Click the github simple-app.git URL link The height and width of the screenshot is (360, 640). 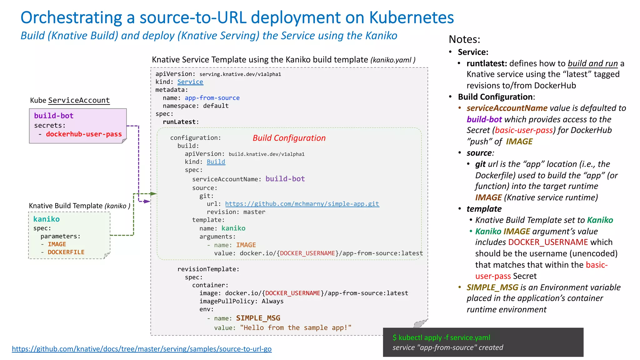(302, 204)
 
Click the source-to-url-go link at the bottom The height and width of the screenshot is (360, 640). (142, 349)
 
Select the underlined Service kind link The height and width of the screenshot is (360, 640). (190, 82)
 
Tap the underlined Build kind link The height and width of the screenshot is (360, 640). (216, 162)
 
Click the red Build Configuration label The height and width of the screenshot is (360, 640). (289, 138)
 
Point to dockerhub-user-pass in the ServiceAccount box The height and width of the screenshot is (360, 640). (84, 134)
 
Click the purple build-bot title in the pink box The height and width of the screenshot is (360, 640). (54, 116)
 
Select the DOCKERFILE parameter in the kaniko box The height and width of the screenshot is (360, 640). (66, 252)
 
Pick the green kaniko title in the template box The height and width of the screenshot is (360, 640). (46, 219)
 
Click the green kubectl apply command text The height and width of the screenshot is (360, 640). (441, 337)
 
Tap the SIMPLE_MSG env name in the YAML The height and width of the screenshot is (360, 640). (258, 318)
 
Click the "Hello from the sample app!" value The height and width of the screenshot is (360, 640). (296, 328)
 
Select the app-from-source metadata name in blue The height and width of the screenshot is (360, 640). (212, 98)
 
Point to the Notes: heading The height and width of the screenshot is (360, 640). (464, 39)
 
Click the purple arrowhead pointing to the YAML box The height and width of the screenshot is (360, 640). (147, 202)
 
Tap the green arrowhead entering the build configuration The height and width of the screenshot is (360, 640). (153, 194)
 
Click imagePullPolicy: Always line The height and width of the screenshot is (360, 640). (241, 301)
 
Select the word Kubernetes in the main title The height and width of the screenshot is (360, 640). (411, 17)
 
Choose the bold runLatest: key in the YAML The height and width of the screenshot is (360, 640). (181, 122)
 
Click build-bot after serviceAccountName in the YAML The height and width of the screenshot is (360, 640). (285, 179)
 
